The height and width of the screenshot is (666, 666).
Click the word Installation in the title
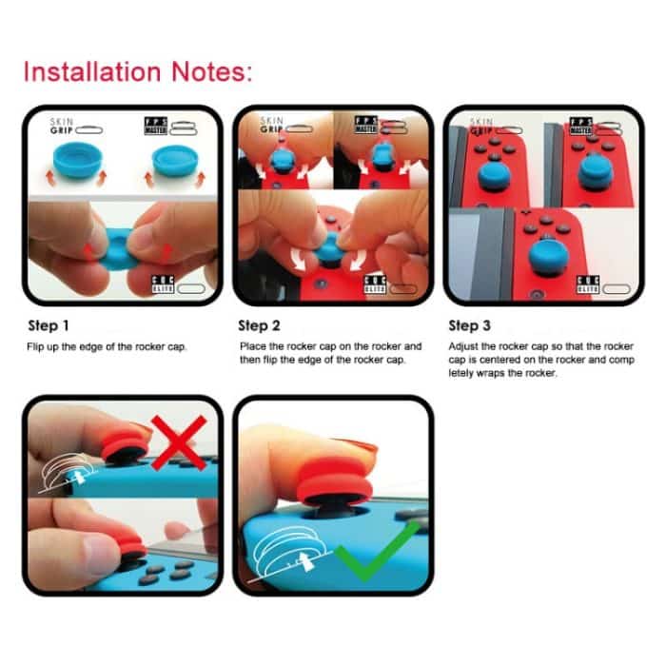click(x=87, y=71)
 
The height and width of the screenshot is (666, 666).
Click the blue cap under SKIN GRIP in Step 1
click(x=75, y=162)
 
